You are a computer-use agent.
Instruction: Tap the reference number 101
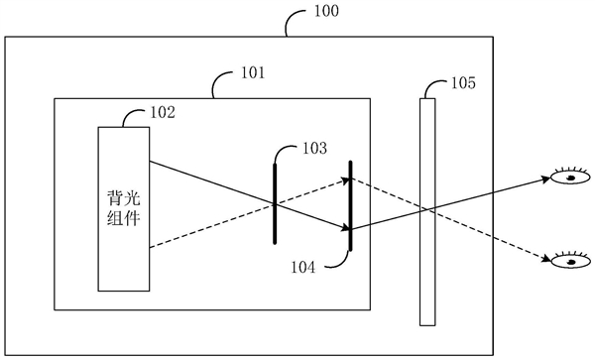(x=254, y=73)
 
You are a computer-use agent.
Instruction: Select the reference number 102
(x=163, y=112)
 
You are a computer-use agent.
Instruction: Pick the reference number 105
(x=463, y=83)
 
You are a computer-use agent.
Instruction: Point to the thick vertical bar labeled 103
(x=275, y=203)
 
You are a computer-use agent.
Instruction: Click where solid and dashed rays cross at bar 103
(x=275, y=204)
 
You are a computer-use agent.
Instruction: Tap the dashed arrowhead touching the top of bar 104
(x=346, y=180)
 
